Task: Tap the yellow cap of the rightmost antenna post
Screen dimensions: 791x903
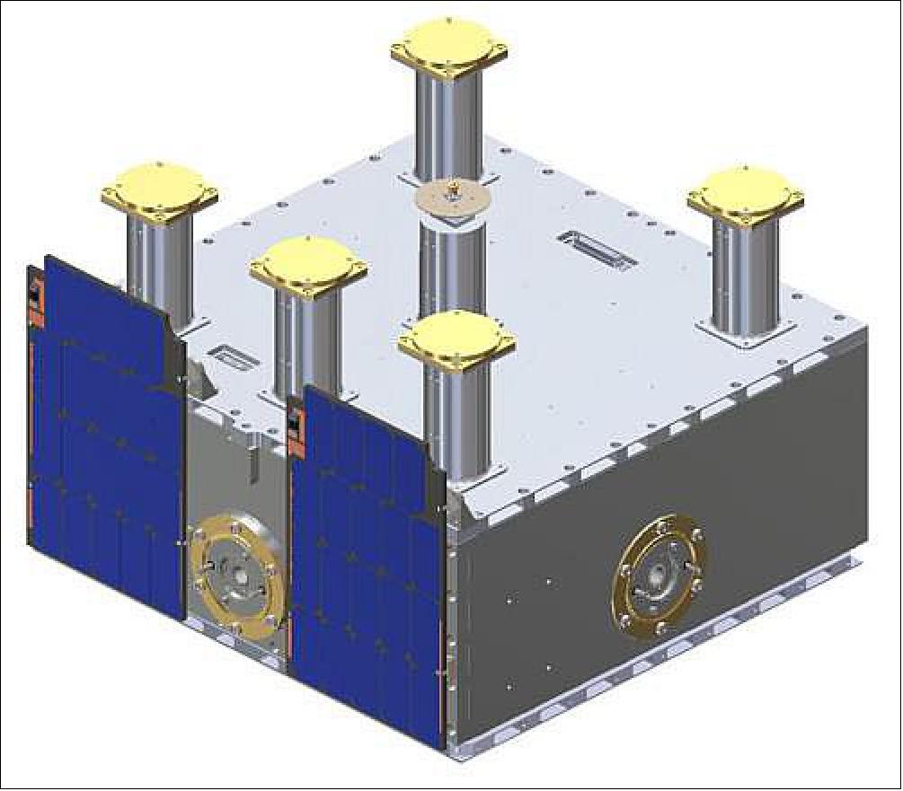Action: pos(746,197)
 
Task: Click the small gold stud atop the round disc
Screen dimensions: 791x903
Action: pos(454,187)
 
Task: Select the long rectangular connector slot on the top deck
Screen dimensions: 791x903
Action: pos(598,249)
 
